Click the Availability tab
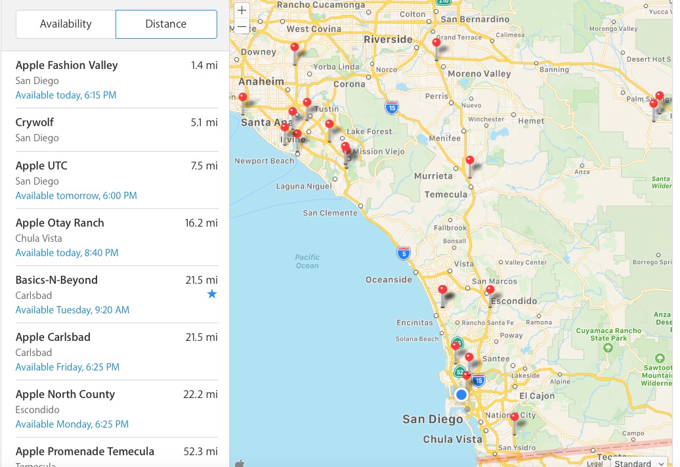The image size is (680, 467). tap(66, 24)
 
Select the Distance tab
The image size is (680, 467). tap(166, 24)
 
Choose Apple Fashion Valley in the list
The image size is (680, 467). tap(66, 65)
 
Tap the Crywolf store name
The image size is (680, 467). tap(35, 122)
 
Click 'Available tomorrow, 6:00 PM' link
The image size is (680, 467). tap(76, 196)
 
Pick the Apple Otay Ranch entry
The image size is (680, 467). tap(60, 223)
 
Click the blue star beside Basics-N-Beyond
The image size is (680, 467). tap(211, 294)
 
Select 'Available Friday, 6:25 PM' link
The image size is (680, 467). tap(68, 367)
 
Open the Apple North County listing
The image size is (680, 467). tap(65, 394)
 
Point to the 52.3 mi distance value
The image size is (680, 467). tap(201, 451)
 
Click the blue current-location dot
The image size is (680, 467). tap(461, 395)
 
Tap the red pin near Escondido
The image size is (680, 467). tap(490, 290)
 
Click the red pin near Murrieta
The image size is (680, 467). tap(470, 160)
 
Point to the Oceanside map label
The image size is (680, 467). tap(389, 280)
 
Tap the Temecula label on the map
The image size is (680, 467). tap(446, 194)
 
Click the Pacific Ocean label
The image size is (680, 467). tap(307, 261)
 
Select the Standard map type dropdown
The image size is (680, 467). tap(640, 462)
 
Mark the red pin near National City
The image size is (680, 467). tap(515, 417)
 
